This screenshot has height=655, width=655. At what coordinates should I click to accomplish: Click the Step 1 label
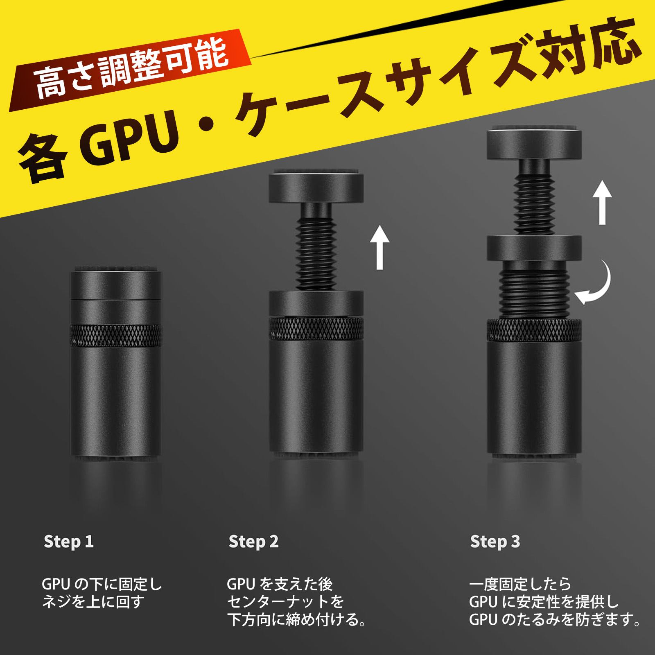(x=69, y=542)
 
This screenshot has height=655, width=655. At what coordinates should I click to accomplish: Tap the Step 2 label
(x=253, y=542)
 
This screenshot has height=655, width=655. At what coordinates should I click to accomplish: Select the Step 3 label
(x=495, y=542)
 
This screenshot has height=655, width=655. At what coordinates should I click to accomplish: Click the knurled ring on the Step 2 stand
(x=316, y=329)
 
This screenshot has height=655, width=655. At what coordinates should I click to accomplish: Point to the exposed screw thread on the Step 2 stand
(x=316, y=256)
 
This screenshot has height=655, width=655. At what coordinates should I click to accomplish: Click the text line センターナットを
(x=285, y=602)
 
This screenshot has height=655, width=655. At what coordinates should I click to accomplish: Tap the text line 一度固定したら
(x=520, y=583)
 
